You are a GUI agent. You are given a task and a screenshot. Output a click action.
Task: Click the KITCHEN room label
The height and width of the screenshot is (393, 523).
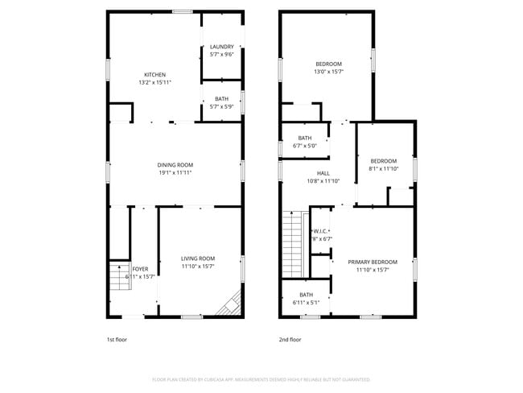pos(154,75)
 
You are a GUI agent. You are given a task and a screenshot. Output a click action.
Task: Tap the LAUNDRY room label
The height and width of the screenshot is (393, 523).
pos(221,47)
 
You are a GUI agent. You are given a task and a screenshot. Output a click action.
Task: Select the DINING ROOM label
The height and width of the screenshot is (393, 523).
pos(175,164)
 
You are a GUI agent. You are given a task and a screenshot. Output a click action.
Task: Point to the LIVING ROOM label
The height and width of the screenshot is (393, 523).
pos(197,258)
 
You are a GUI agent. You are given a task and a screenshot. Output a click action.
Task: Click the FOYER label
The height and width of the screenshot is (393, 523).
pos(140,269)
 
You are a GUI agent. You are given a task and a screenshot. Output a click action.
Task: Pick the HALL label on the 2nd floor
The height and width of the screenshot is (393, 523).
pos(323,173)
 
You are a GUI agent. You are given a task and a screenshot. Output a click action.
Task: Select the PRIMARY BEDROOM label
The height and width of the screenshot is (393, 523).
pos(373,262)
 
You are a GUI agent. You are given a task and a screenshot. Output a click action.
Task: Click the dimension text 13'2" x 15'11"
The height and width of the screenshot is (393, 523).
pos(154,82)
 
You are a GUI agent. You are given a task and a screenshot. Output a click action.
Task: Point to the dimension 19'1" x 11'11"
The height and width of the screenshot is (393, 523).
pos(175,172)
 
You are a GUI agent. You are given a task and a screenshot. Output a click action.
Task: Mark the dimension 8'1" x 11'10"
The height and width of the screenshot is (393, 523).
pos(383,168)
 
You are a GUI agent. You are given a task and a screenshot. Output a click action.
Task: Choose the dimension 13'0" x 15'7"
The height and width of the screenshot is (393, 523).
pos(328,72)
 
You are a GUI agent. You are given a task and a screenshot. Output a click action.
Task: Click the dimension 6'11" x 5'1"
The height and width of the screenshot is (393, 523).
pos(306,302)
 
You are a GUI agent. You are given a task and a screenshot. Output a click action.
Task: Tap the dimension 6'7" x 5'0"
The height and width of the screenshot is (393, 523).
pos(304,146)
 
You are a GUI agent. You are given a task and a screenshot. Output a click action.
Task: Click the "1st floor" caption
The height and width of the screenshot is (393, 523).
pos(117,339)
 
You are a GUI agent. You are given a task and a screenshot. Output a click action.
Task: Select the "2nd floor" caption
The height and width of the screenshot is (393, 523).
pos(290,339)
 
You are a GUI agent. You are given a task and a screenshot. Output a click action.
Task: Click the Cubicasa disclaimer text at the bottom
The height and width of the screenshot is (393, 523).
pos(261,379)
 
